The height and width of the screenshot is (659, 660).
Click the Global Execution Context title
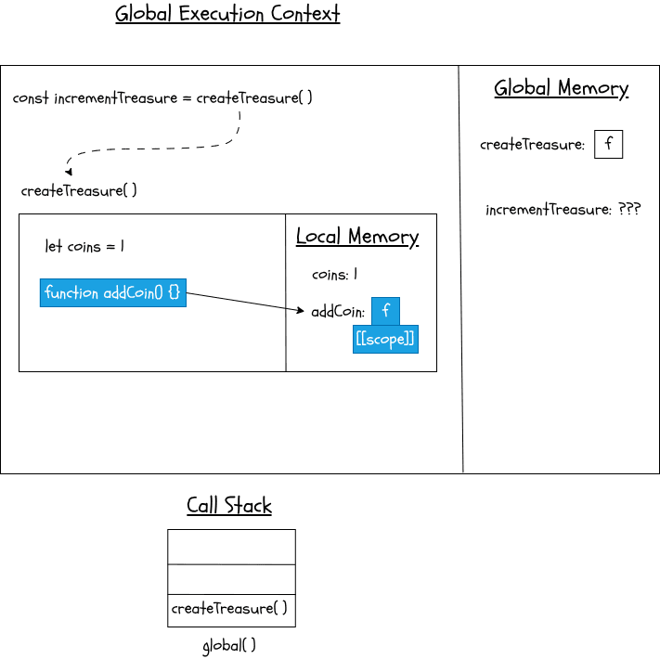tap(227, 15)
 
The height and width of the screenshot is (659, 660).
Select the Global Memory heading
tap(561, 88)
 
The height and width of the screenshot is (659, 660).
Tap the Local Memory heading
tap(357, 237)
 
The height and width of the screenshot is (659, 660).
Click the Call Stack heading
tap(229, 506)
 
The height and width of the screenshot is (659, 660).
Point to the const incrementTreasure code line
tap(162, 98)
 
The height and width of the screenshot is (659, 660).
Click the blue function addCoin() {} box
tap(112, 292)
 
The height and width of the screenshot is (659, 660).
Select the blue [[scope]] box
tap(385, 340)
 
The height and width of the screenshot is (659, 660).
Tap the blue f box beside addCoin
tap(385, 311)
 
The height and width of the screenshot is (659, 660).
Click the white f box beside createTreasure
tap(608, 145)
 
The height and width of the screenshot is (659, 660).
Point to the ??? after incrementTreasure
tap(629, 210)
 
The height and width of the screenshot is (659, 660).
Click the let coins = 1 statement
tap(84, 247)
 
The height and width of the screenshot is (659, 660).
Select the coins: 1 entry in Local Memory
tap(334, 275)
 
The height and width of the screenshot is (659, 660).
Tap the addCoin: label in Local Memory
tap(338, 312)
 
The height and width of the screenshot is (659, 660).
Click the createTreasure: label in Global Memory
tap(532, 145)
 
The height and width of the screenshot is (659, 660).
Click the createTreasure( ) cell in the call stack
tap(230, 610)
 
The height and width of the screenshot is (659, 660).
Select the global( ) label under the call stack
tap(229, 645)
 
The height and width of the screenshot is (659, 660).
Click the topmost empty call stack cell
tap(231, 547)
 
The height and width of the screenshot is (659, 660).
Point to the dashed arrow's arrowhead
tap(68, 172)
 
